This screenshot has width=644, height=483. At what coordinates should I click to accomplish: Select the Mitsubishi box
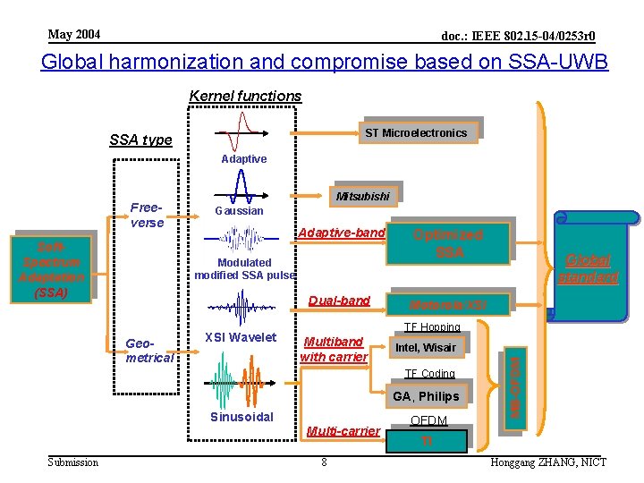(x=362, y=196)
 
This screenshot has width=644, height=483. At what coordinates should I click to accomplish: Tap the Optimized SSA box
(x=447, y=243)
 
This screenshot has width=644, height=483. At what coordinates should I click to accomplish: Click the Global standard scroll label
(x=587, y=268)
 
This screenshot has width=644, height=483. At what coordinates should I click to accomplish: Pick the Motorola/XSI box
(x=447, y=304)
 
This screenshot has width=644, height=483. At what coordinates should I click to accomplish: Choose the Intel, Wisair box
(x=427, y=347)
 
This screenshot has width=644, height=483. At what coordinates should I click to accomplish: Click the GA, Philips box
(x=426, y=396)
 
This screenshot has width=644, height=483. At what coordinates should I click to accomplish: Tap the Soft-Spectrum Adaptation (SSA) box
(x=52, y=269)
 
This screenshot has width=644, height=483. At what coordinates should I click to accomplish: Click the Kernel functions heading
(x=245, y=96)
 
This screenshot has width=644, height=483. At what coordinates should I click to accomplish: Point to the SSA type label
(x=140, y=140)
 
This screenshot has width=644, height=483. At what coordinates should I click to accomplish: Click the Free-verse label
(x=147, y=215)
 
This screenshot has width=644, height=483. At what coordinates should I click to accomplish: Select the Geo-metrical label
(x=148, y=350)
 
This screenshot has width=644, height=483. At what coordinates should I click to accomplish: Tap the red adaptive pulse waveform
(x=238, y=131)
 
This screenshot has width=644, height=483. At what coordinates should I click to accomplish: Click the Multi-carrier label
(x=343, y=431)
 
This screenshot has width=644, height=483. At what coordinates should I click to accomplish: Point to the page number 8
(x=324, y=462)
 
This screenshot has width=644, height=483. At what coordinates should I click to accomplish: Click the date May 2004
(x=74, y=35)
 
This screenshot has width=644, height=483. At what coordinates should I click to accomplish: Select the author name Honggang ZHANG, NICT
(x=548, y=462)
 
